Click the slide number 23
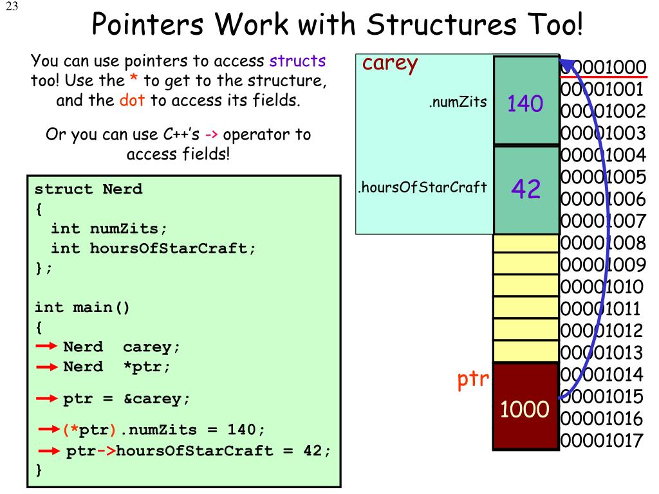[x=13, y=8]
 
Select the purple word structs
[x=297, y=61]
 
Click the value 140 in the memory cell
[x=525, y=103]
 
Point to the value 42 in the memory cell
[x=526, y=188]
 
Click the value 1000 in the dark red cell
[x=525, y=408]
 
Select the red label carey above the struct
[x=391, y=64]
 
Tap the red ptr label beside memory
[x=474, y=380]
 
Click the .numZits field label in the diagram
[x=458, y=102]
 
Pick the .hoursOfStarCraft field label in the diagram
[x=422, y=188]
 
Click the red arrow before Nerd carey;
[x=47, y=347]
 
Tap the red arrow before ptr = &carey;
[x=47, y=399]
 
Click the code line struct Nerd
[x=88, y=190]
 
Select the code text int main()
[x=82, y=307]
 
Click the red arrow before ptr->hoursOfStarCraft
[x=50, y=450]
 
